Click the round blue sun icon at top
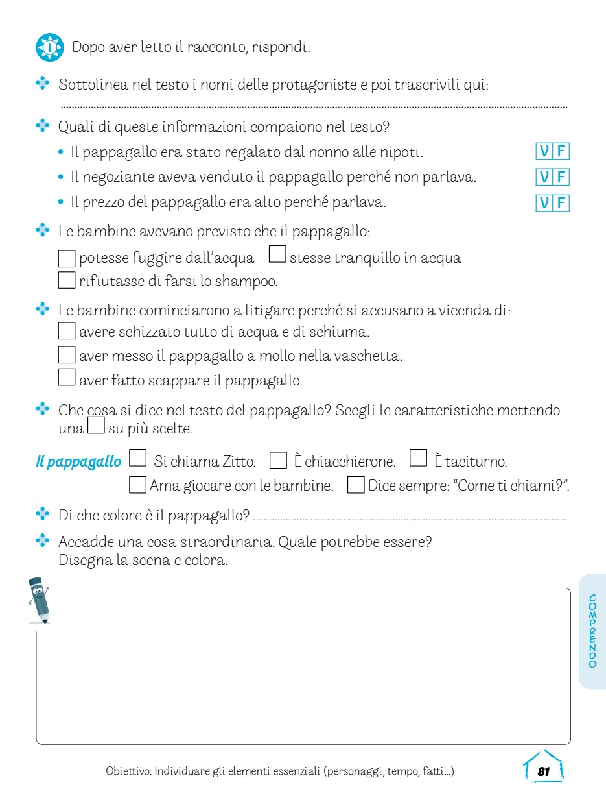pos(50,47)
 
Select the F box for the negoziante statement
pos(561,177)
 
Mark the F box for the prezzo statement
pos(561,203)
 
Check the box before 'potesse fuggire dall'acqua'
pos(67,258)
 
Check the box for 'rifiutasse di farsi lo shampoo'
pos(67,280)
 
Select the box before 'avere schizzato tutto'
pos(67,331)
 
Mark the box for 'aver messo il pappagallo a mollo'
pos(67,355)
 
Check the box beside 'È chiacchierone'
pos(277,461)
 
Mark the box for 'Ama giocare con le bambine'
pos(137,485)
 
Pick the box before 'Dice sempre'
pos(356,485)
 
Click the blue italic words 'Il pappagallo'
pos(78,462)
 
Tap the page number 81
pos(543,771)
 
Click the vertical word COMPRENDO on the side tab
pos(592,631)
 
